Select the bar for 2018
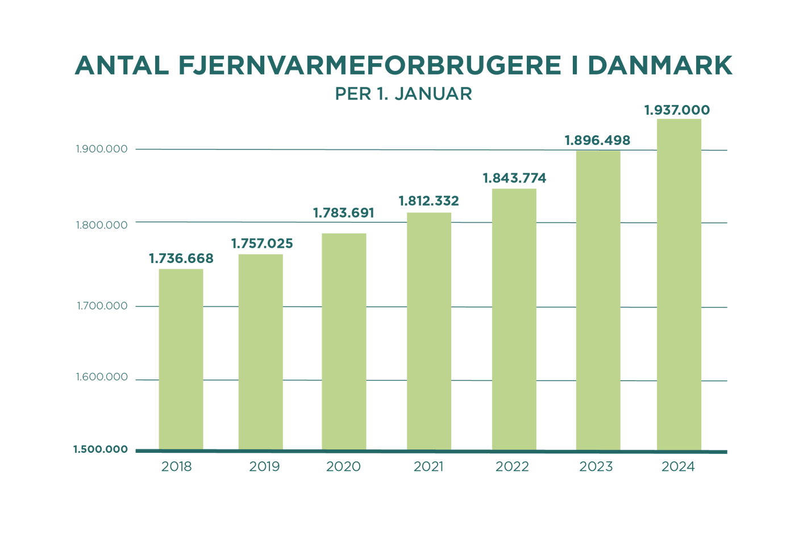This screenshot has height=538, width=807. click(181, 358)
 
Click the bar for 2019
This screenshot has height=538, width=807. click(261, 351)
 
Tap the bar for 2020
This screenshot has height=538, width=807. click(344, 341)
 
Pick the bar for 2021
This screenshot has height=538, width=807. click(429, 331)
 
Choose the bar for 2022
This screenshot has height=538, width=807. click(514, 318)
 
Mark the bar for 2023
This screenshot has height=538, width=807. click(598, 300)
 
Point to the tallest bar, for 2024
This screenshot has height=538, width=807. click(679, 283)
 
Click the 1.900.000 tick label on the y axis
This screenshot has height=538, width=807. click(102, 149)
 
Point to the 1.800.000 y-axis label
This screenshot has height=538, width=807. click(102, 225)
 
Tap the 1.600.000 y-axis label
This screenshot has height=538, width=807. click(102, 378)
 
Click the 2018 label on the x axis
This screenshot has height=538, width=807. click(177, 467)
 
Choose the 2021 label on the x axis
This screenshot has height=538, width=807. click(429, 467)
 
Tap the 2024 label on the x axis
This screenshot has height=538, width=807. click(678, 467)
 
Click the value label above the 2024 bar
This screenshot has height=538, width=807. click(677, 110)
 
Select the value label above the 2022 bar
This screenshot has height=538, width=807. click(514, 178)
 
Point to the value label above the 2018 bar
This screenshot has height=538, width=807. click(181, 259)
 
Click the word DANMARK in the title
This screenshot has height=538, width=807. click(660, 66)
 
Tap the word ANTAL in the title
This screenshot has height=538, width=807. click(122, 66)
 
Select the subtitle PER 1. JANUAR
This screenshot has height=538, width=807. click(403, 94)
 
